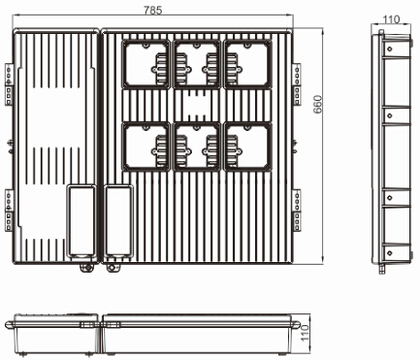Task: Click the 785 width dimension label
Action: [152, 11]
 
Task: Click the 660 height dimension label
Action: [318, 104]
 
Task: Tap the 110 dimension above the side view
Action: [391, 19]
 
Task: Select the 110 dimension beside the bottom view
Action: [306, 333]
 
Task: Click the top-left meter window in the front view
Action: [145, 64]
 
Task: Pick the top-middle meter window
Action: [197, 64]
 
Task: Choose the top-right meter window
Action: [247, 64]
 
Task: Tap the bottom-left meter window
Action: [145, 147]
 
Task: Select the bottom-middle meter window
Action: [197, 147]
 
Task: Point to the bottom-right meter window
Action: [247, 147]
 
